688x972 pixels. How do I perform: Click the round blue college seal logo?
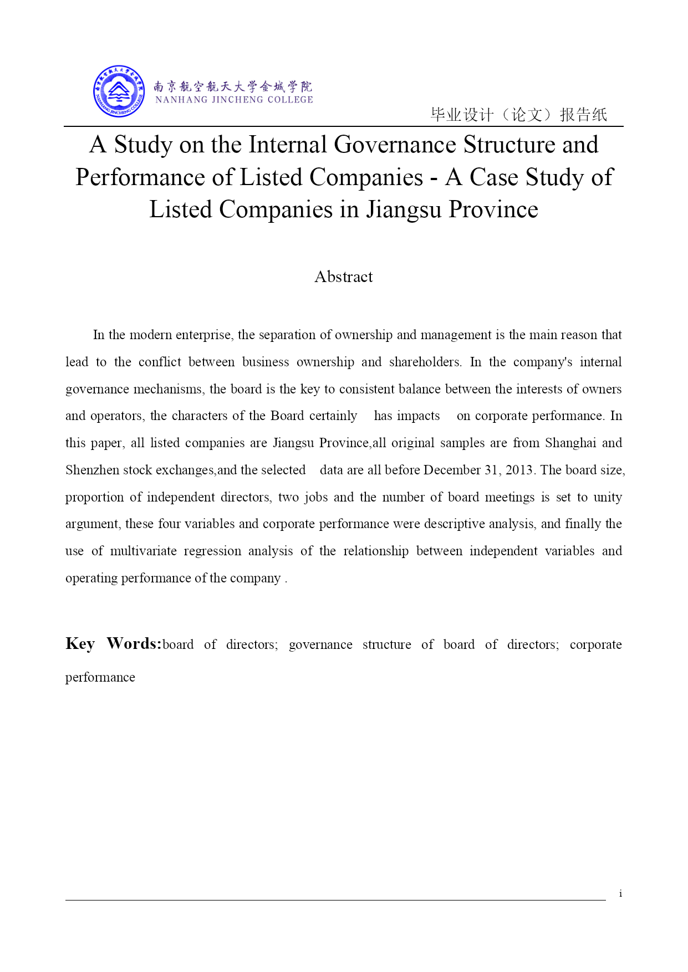pyautogui.click(x=119, y=91)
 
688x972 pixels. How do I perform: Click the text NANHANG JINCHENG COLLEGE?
pyautogui.click(x=234, y=100)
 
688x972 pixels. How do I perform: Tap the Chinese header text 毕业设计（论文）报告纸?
pyautogui.click(x=518, y=115)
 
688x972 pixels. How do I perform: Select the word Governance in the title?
pyautogui.click(x=395, y=145)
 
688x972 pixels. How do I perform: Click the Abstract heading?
pyautogui.click(x=344, y=277)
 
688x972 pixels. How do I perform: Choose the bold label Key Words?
pyautogui.click(x=113, y=643)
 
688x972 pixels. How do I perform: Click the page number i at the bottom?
pyautogui.click(x=620, y=893)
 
